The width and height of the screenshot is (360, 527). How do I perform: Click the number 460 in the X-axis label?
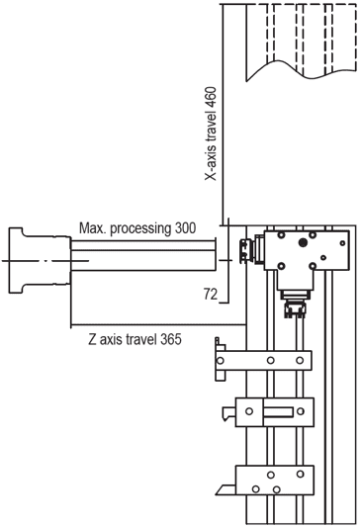tap(212, 97)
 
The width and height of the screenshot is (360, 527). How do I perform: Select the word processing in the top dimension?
tap(140, 228)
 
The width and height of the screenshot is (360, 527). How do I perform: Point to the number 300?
tap(185, 228)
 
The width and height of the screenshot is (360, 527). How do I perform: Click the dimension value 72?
tap(211, 294)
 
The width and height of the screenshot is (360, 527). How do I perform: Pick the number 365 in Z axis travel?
tap(171, 339)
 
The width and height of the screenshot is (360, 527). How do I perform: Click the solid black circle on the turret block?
tap(303, 242)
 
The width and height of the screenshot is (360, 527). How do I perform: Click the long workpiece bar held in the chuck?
tap(142, 255)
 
